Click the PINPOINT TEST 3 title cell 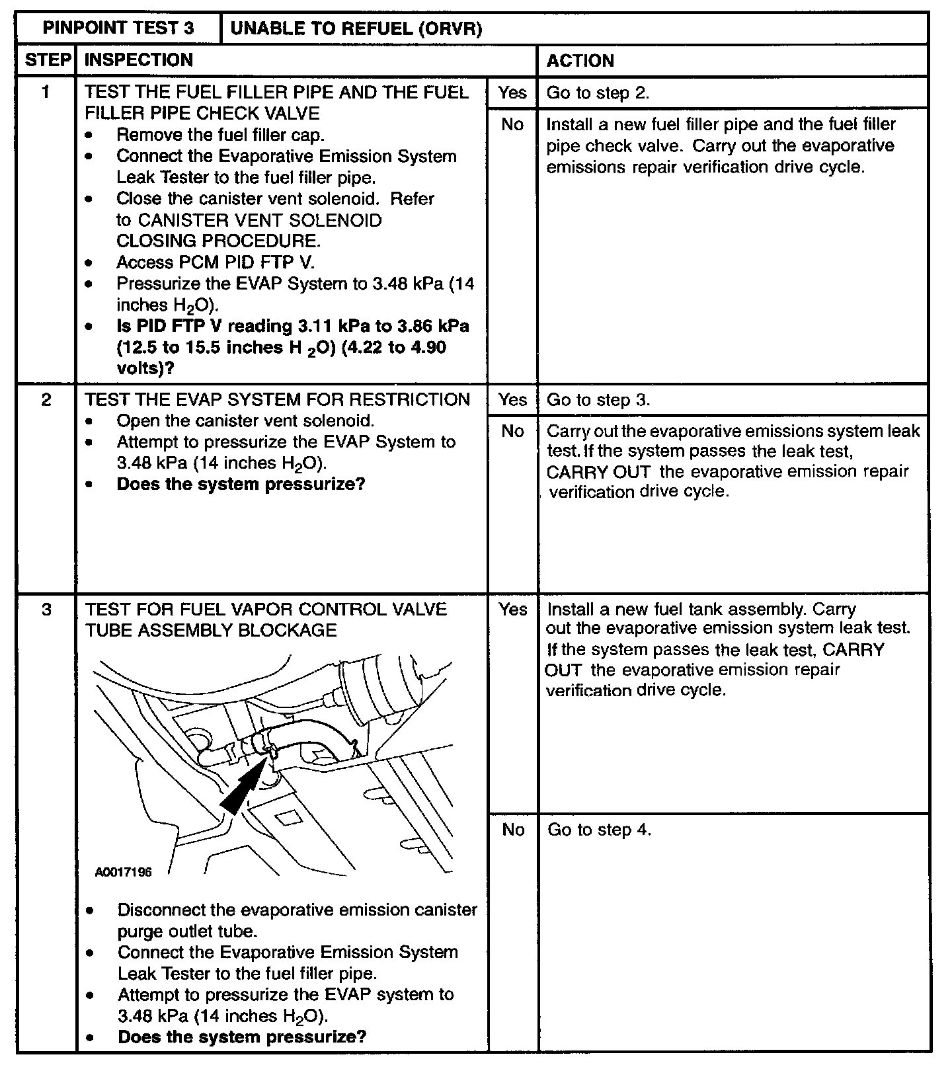tap(118, 28)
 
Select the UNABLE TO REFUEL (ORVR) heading tap(356, 28)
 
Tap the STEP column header tap(47, 60)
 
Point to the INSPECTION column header tap(139, 60)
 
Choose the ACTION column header tap(580, 61)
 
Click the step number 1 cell tap(46, 92)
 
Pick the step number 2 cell tap(46, 400)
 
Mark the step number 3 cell tap(46, 609)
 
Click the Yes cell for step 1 tap(512, 93)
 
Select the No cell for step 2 tap(512, 431)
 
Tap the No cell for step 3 tap(513, 830)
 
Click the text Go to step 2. tap(598, 93)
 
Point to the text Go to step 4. tap(599, 830)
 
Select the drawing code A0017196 tap(123, 872)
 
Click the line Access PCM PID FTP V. tap(216, 262)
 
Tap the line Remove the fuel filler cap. tap(220, 135)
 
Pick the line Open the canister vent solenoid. tap(245, 421)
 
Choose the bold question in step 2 tap(241, 484)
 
